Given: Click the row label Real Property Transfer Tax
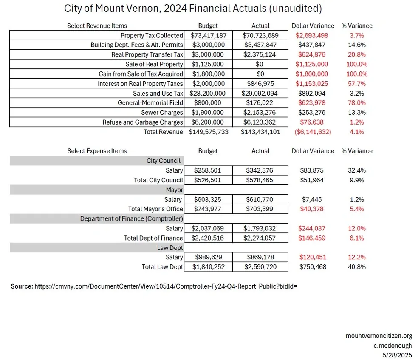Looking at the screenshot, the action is pos(147,54).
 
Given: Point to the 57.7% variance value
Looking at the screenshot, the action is pos(356,83).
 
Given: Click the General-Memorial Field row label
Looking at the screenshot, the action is pos(150,103).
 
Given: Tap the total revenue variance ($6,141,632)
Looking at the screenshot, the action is pos(312,132).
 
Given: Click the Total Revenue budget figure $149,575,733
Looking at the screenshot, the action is pos(208,132).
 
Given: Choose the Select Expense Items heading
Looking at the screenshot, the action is pos(97,151).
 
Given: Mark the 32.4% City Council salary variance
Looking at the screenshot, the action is pos(356,170).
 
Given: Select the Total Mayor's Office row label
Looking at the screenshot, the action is pos(155,209).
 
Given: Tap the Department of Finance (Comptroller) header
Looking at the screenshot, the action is pos(132,218).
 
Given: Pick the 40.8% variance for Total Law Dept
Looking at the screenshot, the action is pos(356,267).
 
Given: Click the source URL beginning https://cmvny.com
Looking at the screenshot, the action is pos(165,286).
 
